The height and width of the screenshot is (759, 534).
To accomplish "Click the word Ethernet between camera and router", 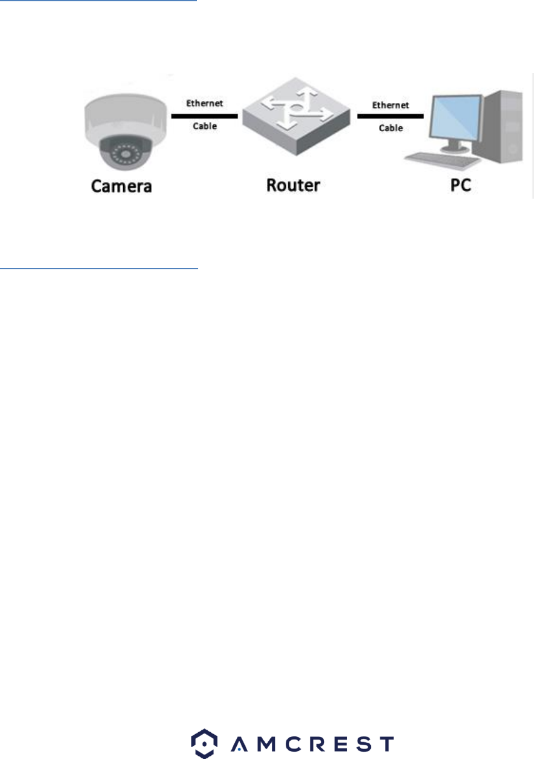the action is (x=204, y=104).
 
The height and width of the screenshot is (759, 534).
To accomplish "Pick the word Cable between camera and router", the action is (x=204, y=126).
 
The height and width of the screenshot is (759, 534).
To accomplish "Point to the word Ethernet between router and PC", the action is (x=391, y=105).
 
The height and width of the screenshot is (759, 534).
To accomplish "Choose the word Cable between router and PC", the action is (x=391, y=128).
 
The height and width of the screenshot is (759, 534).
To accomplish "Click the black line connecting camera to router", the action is (x=204, y=116).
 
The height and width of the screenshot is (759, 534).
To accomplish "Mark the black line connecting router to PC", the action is (x=390, y=116).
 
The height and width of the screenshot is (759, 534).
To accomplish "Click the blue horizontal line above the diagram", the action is (x=98, y=1).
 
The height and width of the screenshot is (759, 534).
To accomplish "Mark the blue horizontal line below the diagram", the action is (x=99, y=269).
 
